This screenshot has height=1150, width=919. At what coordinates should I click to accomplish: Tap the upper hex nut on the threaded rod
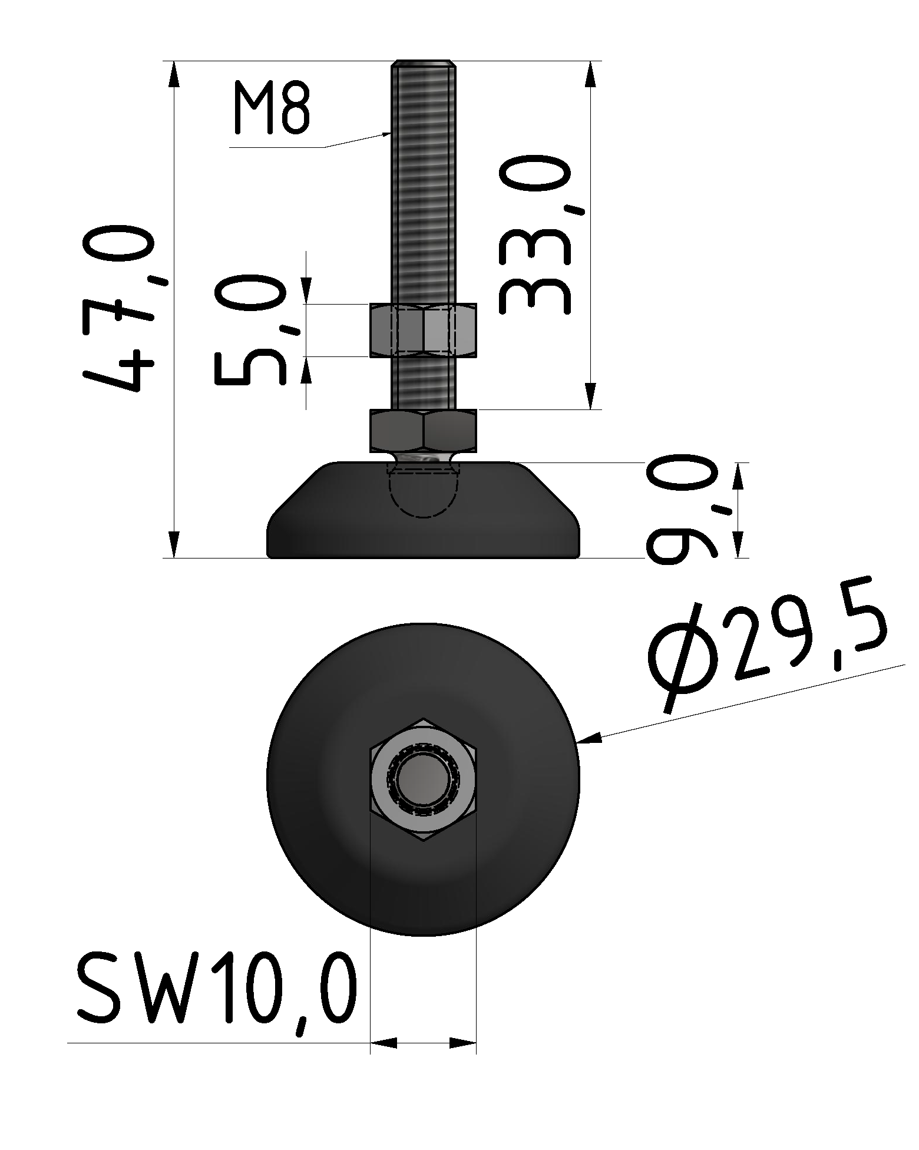pos(423,331)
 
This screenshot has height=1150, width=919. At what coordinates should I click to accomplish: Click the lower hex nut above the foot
pos(423,430)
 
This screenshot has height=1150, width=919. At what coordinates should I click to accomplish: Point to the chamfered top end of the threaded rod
pos(423,64)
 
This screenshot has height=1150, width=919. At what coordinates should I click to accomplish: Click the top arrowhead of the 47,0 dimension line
pos(174,73)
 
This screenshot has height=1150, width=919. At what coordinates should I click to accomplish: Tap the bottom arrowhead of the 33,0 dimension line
pos(590,396)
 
